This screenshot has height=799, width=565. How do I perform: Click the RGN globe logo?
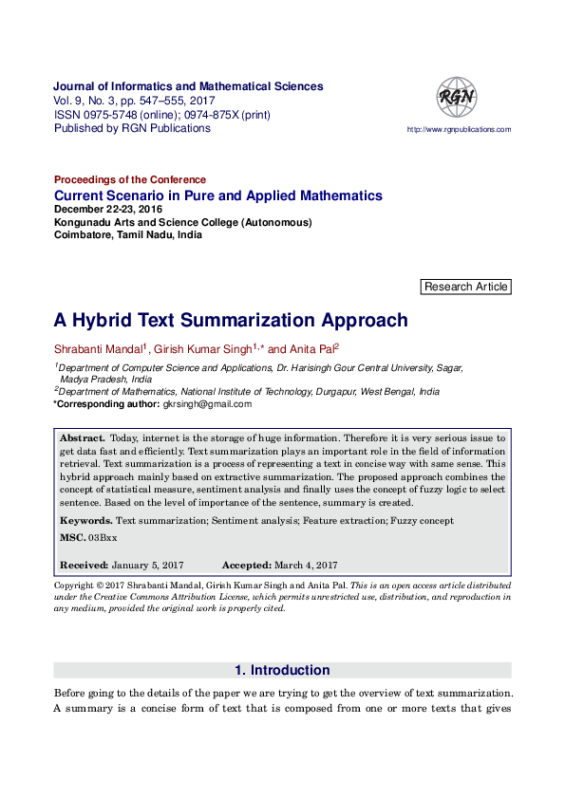(456, 97)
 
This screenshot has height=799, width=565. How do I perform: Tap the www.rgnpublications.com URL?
(459, 129)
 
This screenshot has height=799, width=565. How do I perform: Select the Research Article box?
(465, 287)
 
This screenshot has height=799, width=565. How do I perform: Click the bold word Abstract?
(82, 438)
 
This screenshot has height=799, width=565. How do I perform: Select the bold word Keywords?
(85, 521)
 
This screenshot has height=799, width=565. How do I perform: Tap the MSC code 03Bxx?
(103, 538)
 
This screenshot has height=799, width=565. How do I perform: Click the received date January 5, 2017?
(147, 565)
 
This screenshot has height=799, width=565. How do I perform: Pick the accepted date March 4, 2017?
(306, 565)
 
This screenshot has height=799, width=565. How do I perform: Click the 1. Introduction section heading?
(282, 670)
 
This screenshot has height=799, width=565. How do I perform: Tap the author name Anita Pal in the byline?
(311, 349)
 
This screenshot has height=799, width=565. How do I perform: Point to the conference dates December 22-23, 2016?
(108, 210)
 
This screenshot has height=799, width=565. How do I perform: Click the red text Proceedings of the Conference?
(130, 179)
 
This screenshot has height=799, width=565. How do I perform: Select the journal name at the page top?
(188, 86)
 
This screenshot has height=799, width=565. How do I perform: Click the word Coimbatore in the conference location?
(83, 236)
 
